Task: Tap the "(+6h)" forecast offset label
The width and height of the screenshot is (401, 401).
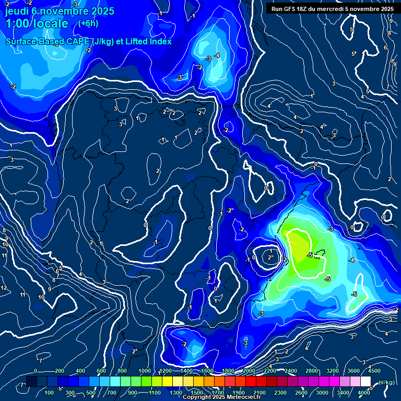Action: [88, 23]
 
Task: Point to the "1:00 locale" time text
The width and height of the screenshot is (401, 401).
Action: [37, 23]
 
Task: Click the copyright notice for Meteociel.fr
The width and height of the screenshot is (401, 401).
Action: [221, 397]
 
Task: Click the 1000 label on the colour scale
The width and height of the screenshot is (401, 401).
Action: [144, 371]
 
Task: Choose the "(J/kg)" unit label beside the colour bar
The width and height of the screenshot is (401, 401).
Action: [386, 382]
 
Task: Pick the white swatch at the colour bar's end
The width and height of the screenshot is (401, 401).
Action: [365, 382]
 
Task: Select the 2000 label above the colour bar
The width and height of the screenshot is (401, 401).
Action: [249, 371]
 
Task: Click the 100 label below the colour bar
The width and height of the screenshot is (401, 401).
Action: [50, 393]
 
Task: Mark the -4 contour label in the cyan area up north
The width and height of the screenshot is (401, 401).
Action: [217, 56]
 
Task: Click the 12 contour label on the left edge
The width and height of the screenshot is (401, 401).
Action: [4, 288]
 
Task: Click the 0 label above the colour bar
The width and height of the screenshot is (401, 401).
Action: [36, 371]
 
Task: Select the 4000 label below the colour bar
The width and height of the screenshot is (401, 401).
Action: [364, 393]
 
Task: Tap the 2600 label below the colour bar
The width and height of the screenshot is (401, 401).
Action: [301, 393]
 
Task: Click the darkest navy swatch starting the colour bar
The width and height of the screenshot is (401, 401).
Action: [31, 382]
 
